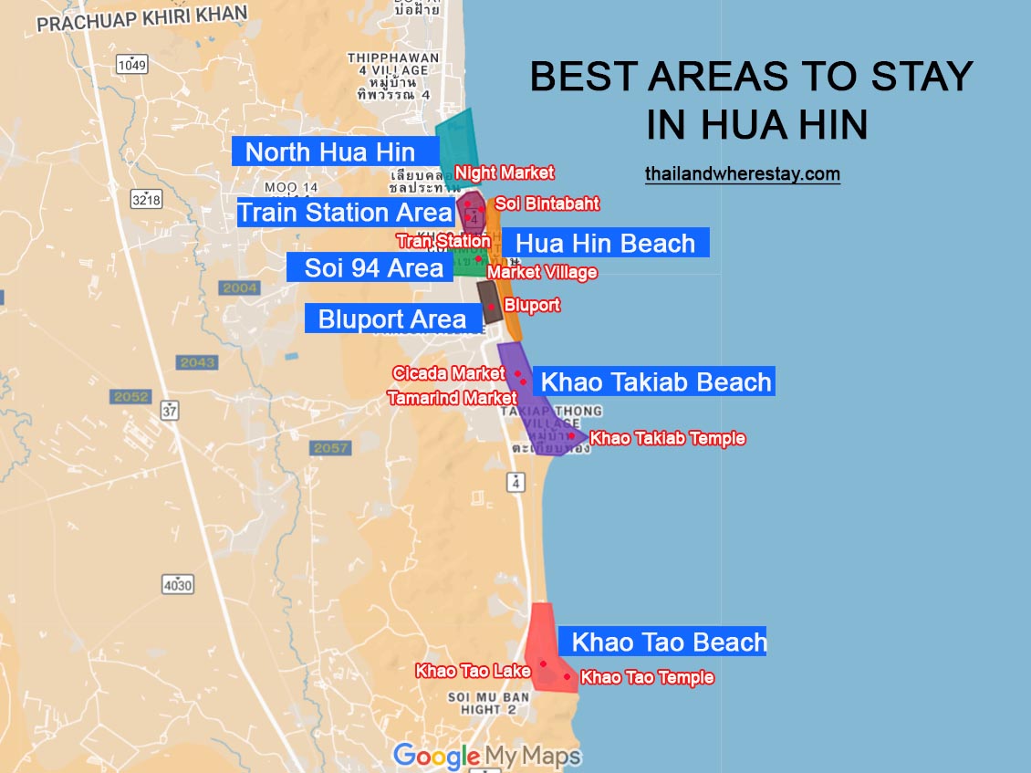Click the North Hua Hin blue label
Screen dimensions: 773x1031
330,151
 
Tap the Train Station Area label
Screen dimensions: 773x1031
345,213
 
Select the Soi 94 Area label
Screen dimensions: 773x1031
373,268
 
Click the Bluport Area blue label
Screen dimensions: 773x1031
392,319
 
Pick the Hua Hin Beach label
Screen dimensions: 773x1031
605,243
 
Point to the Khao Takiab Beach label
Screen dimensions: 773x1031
656,381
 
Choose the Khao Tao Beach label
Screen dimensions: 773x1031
668,642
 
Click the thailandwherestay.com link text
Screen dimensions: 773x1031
742,173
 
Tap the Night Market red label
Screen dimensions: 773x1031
505,172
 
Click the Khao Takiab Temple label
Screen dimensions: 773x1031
667,439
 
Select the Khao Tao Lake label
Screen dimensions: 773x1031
473,671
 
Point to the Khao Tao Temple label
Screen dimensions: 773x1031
647,677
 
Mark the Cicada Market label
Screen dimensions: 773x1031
448,373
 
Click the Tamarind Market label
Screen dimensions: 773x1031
452,398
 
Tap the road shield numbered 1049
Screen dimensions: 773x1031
132,64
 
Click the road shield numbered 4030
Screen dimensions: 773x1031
178,584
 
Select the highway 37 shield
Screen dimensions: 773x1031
170,410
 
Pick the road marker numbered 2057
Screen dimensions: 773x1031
330,448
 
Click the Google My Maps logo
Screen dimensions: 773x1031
486,756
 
